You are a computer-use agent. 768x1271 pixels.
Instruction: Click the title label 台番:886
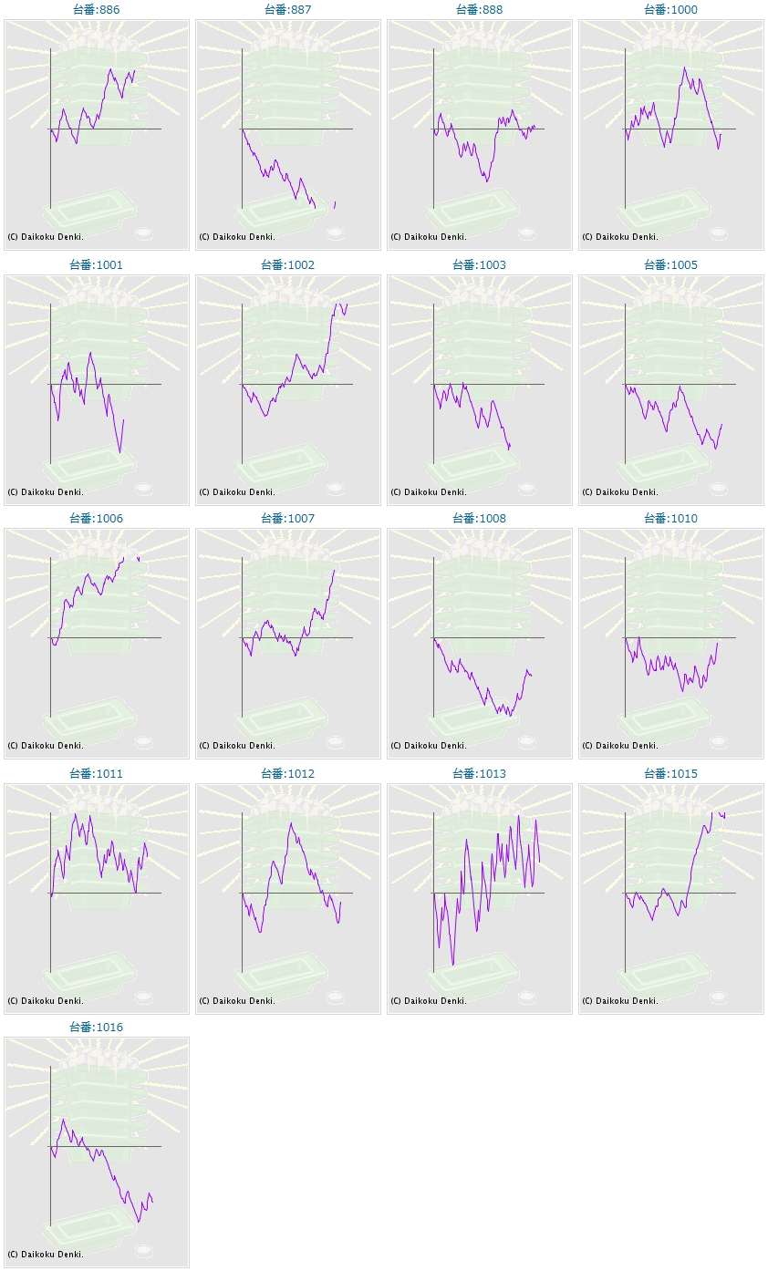(96, 9)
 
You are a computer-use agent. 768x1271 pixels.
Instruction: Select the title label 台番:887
(287, 9)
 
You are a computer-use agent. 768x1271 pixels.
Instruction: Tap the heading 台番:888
(479, 9)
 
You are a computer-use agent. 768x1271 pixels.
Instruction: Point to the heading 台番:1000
(670, 9)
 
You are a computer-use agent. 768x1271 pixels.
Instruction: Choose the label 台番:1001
(96, 264)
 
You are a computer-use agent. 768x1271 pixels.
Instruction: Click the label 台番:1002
(287, 264)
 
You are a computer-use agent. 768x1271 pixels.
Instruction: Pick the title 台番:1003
(479, 264)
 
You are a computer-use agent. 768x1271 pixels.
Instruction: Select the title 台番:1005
(670, 264)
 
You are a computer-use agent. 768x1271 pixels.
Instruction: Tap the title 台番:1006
(96, 518)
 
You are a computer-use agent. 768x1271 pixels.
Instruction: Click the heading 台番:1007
(287, 518)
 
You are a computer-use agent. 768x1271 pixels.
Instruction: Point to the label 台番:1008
(479, 518)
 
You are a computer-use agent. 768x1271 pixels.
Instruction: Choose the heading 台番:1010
(670, 518)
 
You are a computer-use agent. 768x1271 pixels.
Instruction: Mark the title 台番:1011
(96, 773)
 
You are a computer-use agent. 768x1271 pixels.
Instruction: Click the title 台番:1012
(287, 773)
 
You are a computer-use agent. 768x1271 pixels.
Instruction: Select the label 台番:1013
(479, 773)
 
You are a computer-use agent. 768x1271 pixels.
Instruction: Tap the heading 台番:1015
(670, 773)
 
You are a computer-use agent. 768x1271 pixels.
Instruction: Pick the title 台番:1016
(96, 1027)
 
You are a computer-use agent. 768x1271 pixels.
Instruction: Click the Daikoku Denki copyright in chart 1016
(46, 1254)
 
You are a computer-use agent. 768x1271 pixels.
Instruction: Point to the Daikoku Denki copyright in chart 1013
(429, 1000)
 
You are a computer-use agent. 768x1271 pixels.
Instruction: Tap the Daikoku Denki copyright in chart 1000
(620, 236)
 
